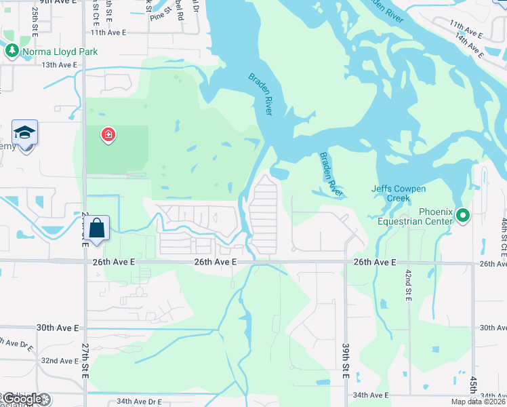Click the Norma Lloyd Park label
[60, 52]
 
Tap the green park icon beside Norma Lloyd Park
[12, 51]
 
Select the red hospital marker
[107, 135]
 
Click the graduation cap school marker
[24, 132]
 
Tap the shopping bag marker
[97, 228]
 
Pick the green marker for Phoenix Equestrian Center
[463, 216]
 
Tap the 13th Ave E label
[60, 65]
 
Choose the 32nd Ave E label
[60, 361]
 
